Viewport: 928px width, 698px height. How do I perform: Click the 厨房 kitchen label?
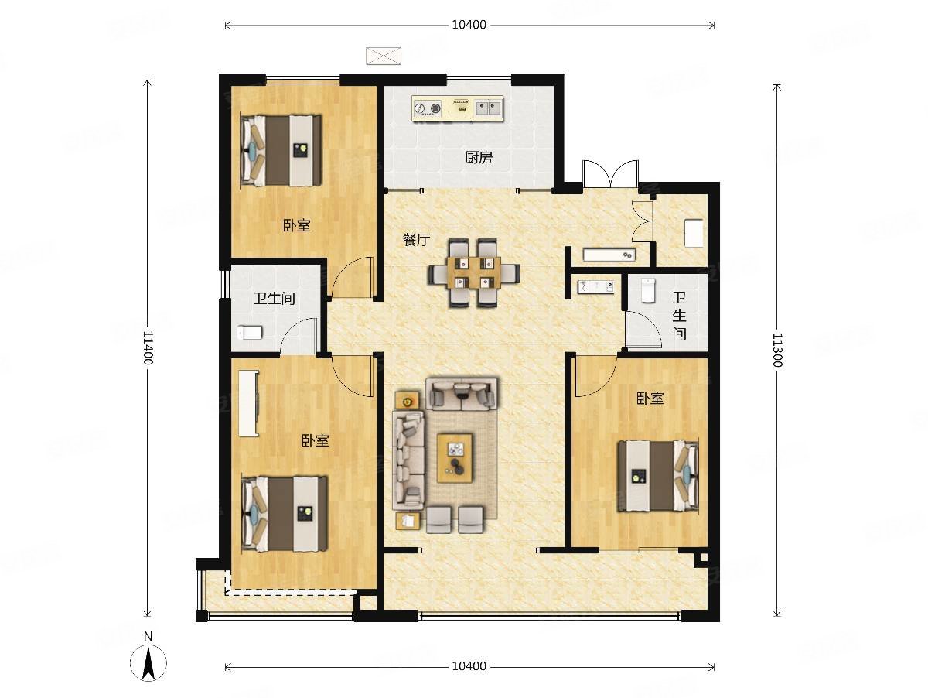pos(479,158)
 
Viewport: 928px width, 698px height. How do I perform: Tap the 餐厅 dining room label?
pos(416,240)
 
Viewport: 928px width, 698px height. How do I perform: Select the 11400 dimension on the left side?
pos(148,347)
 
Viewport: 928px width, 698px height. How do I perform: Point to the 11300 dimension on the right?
pos(777,351)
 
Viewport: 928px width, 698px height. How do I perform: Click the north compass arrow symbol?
pos(148,663)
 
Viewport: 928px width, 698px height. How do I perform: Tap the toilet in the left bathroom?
pos(251,333)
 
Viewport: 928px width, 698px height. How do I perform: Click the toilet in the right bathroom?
pos(648,289)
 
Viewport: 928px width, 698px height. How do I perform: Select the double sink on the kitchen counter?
pos(488,108)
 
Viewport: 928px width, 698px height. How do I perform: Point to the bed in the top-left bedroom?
pos(281,150)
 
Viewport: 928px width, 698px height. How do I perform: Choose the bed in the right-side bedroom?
pos(658,475)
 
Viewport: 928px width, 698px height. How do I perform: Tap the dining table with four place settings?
pos(473,273)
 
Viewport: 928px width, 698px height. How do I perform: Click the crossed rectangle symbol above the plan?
pos(384,56)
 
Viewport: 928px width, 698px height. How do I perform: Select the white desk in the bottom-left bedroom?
pos(249,402)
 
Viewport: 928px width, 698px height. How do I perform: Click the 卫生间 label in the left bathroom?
pos(274,299)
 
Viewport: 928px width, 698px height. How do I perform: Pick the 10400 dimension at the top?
pos(469,25)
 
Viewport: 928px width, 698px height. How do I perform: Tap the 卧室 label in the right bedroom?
pos(650,398)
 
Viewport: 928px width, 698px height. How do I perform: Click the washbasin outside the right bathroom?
pos(595,286)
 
